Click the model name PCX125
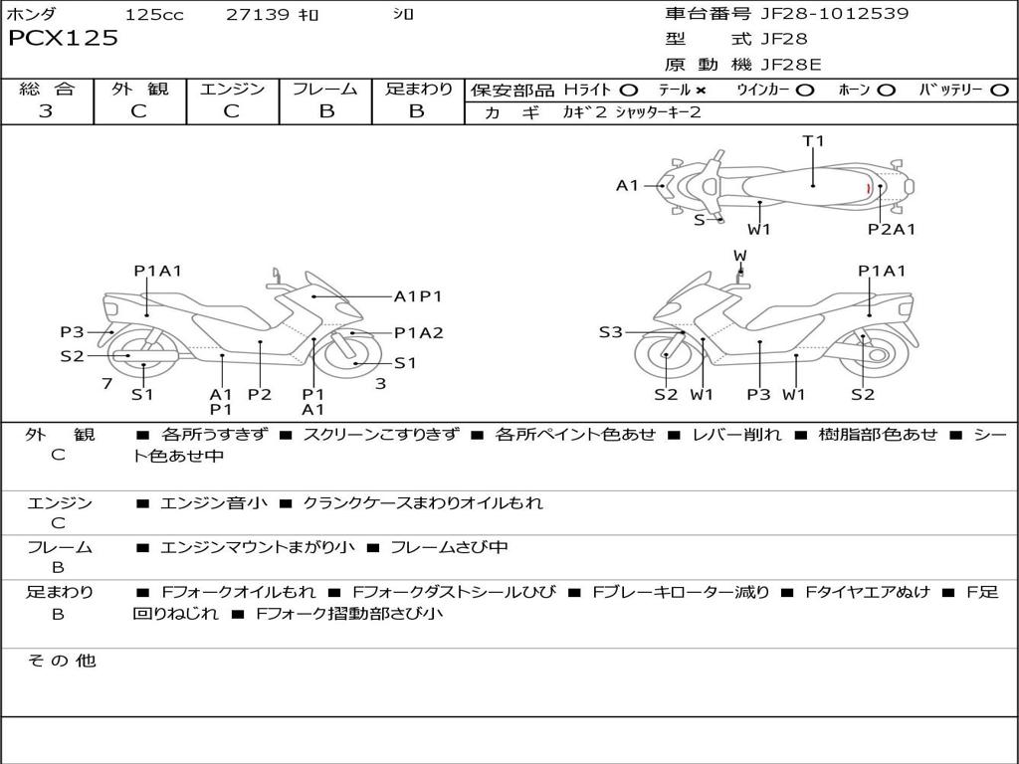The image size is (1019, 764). (x=63, y=39)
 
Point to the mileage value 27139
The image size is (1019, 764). (x=257, y=15)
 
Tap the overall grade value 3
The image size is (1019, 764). (x=46, y=111)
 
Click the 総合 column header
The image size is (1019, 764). (x=47, y=89)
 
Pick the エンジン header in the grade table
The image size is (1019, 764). (x=232, y=89)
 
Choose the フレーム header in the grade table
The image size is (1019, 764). (x=325, y=89)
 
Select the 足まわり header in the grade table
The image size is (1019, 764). (x=418, y=89)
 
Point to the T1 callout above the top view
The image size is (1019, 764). (x=813, y=141)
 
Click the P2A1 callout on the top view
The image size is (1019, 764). (x=891, y=229)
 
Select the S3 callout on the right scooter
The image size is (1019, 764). (x=610, y=332)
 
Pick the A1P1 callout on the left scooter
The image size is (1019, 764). (x=418, y=295)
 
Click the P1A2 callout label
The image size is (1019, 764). (x=418, y=333)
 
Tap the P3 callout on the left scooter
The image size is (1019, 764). (x=72, y=332)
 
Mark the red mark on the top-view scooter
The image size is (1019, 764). (x=868, y=188)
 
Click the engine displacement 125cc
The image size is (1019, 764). (x=154, y=15)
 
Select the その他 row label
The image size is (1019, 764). (x=62, y=661)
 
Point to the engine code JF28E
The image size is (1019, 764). (x=791, y=65)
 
